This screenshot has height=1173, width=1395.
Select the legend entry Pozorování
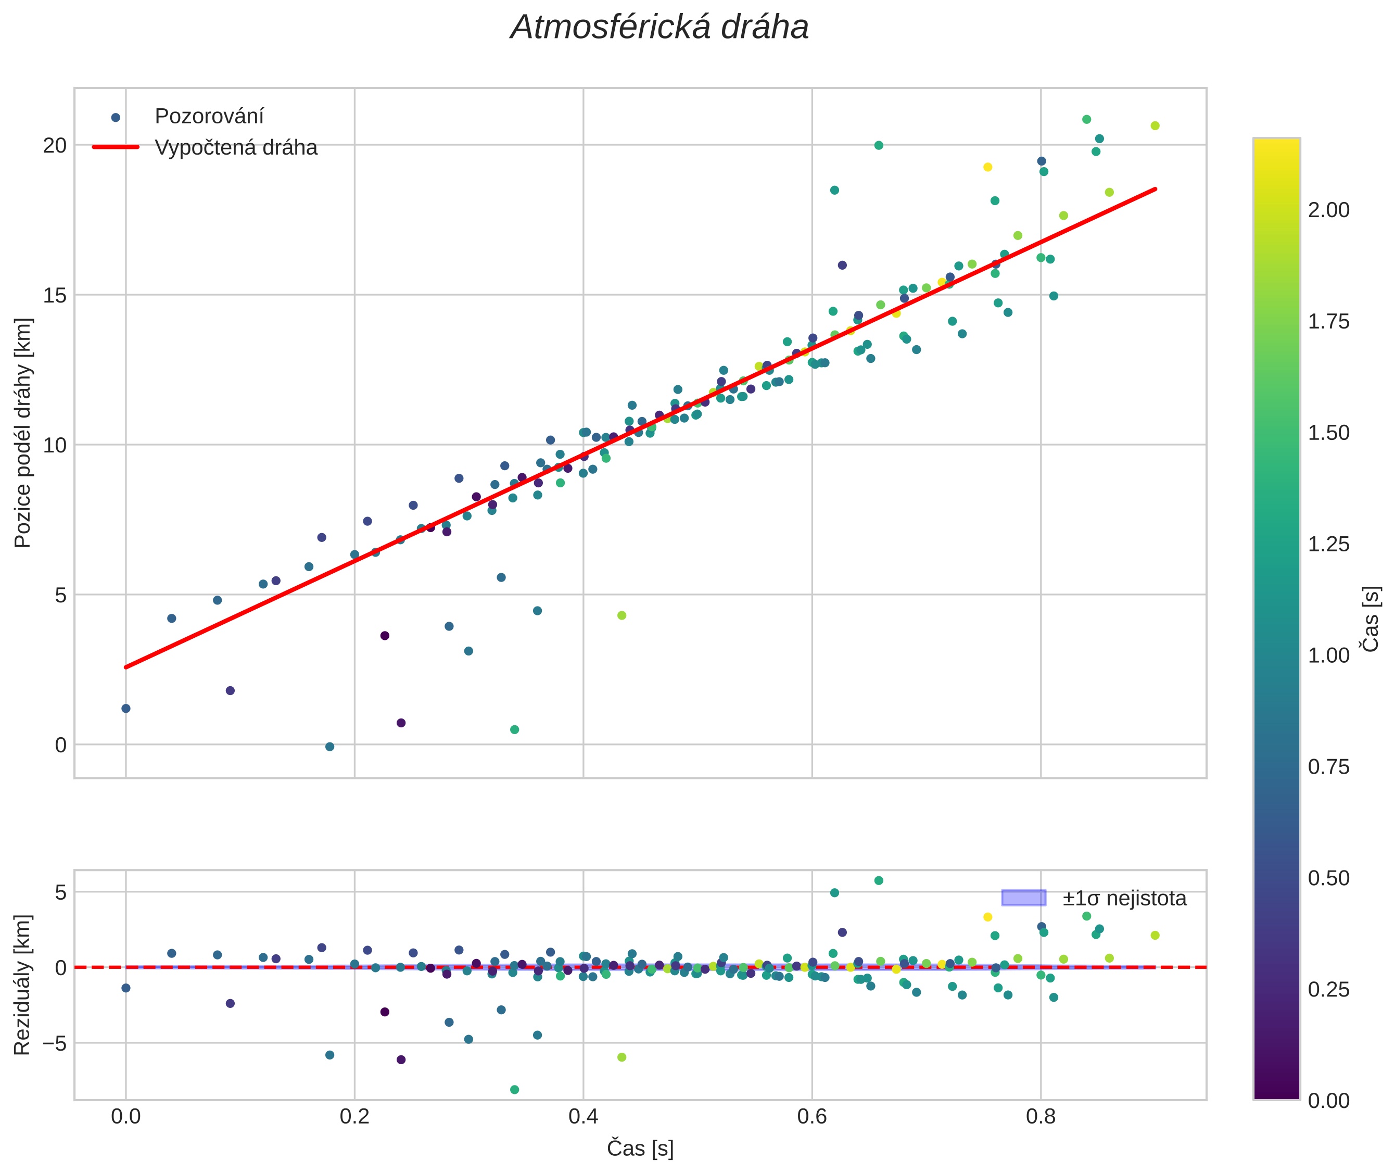click(x=209, y=117)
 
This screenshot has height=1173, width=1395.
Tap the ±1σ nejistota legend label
click(x=1124, y=899)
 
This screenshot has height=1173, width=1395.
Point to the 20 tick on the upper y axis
click(x=55, y=145)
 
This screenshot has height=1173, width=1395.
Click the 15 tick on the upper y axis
click(x=55, y=295)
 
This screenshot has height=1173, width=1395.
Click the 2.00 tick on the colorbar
click(x=1328, y=210)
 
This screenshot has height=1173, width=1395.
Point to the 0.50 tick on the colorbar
click(x=1328, y=878)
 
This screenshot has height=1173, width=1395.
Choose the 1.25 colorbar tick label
click(x=1328, y=544)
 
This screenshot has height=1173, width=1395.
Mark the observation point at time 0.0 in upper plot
click(x=125, y=708)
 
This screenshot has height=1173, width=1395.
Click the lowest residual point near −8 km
click(x=514, y=1089)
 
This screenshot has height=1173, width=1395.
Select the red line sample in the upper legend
click(x=116, y=147)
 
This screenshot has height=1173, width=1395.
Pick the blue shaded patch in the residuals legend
click(x=1023, y=898)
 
